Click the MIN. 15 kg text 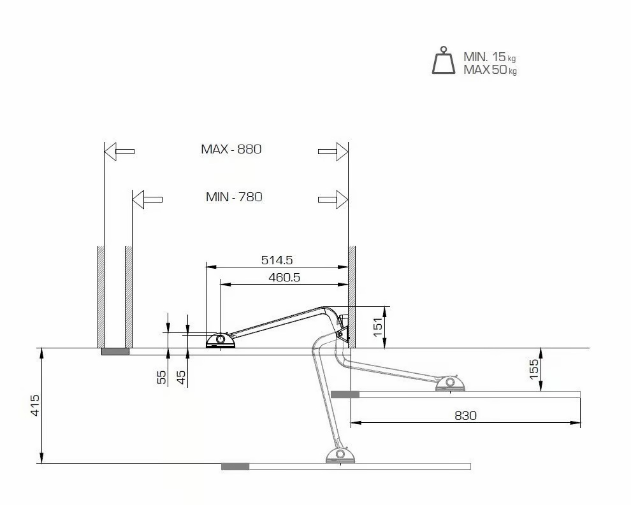(x=490, y=57)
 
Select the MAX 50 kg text (x=490, y=70)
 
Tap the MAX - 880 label (x=231, y=149)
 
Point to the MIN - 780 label (x=234, y=197)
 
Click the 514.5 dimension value (x=277, y=260)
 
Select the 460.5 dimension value (x=284, y=278)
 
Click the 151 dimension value (x=378, y=327)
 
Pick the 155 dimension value (x=533, y=369)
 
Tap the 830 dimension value (x=466, y=415)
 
